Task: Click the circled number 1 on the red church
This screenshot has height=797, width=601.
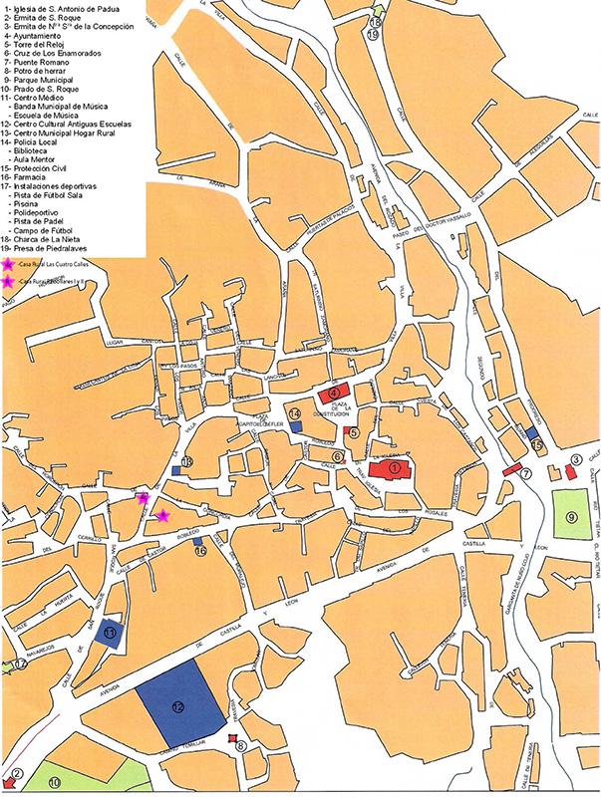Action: [x=394, y=467]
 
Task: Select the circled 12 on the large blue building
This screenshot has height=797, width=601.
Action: [x=178, y=706]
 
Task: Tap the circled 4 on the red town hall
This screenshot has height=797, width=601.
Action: [x=335, y=394]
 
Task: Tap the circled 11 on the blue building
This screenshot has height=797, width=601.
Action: [x=111, y=633]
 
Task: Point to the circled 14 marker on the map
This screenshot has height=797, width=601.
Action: [x=295, y=413]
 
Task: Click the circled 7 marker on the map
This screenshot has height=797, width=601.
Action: [x=524, y=473]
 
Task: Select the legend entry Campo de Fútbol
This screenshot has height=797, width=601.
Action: [x=46, y=230]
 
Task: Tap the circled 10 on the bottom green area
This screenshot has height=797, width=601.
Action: [x=54, y=783]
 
